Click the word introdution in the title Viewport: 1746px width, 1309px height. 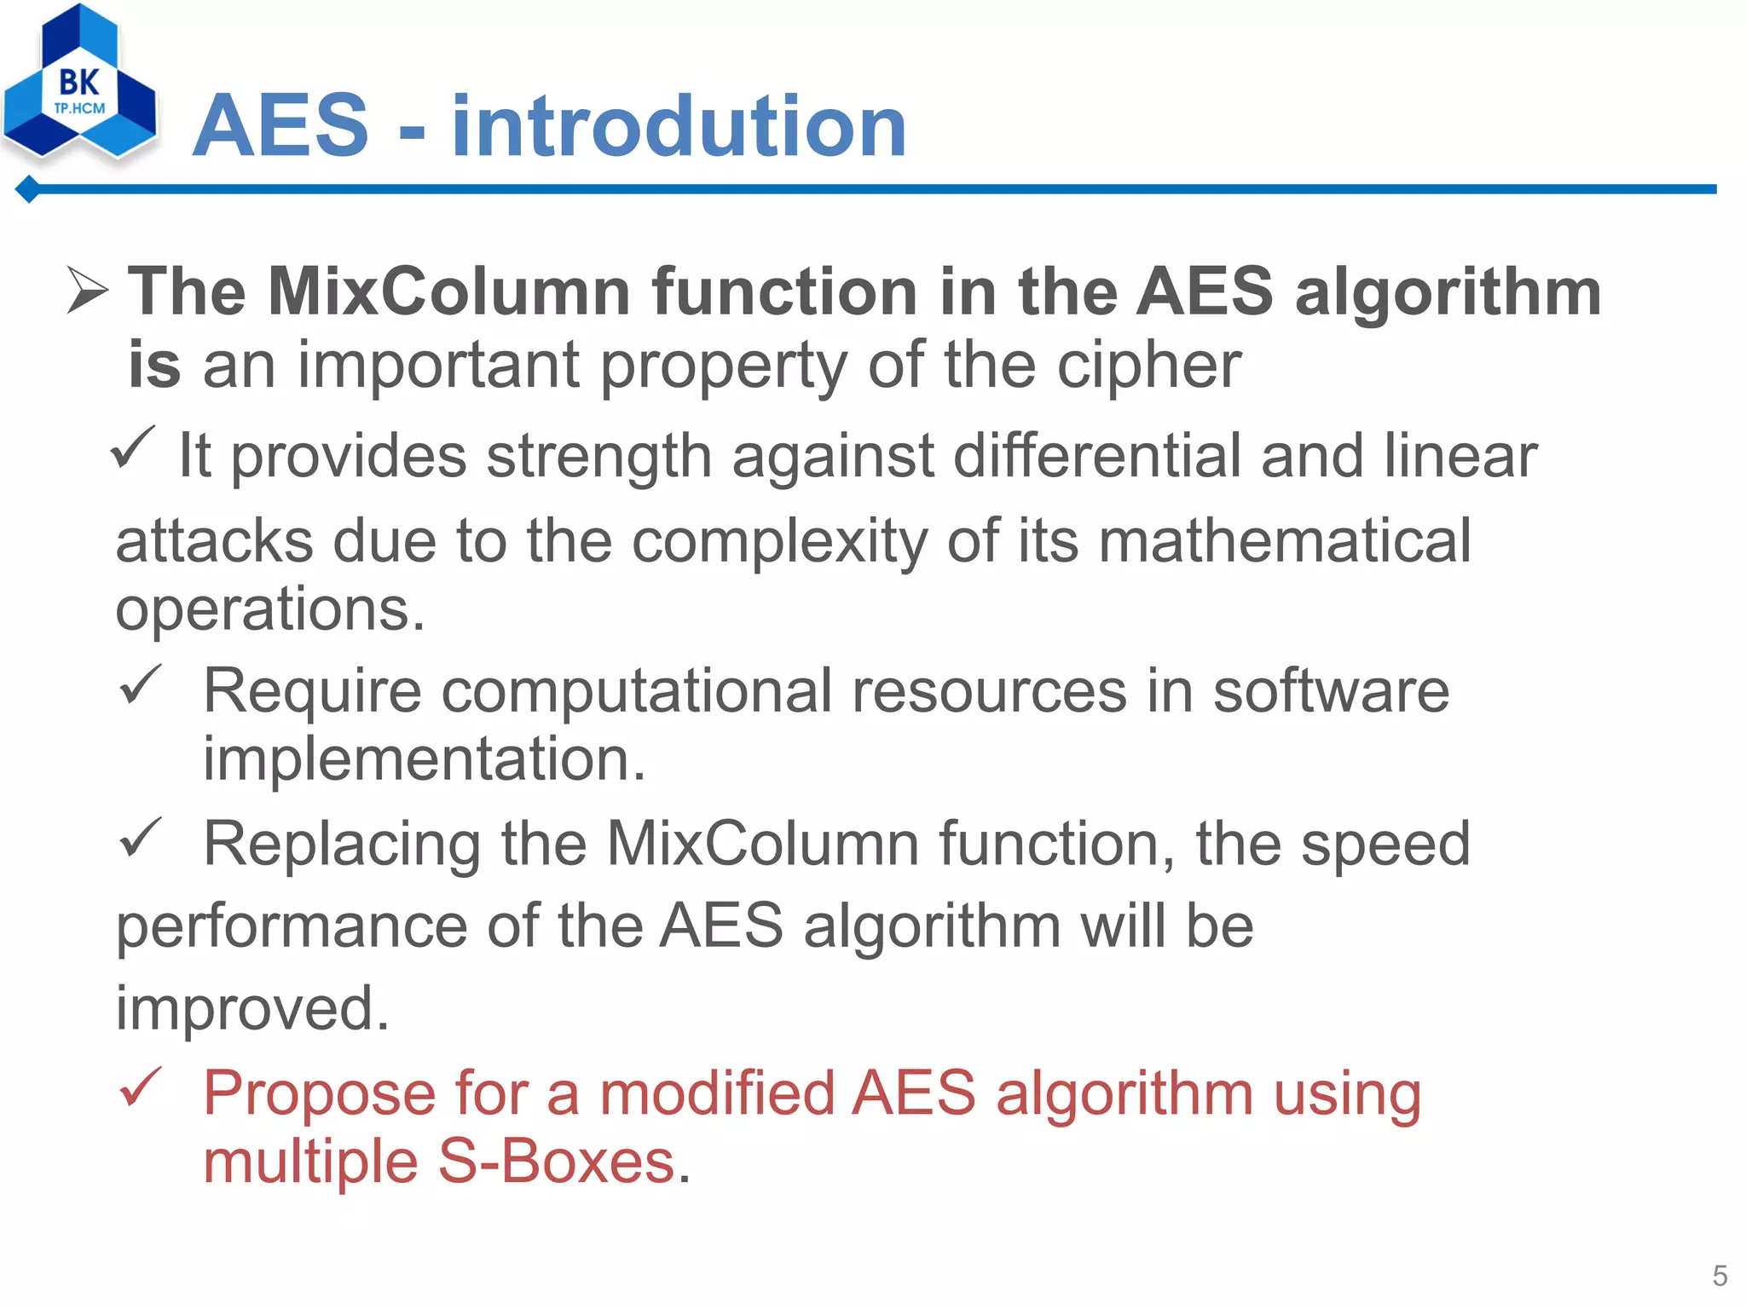point(679,127)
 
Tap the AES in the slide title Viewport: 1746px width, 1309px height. point(281,127)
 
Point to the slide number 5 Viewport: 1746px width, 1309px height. point(1720,1276)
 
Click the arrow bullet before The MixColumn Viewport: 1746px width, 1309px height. point(88,291)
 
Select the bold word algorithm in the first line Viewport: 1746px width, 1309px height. point(1448,292)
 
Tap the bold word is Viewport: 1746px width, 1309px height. point(154,365)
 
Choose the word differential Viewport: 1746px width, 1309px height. point(1096,456)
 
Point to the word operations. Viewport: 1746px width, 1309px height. point(269,610)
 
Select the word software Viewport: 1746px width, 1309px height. point(1331,691)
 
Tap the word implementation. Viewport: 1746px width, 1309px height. point(424,759)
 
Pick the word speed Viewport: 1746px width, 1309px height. point(1385,845)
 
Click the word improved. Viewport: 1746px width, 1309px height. point(252,1008)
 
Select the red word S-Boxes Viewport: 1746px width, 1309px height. point(557,1162)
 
